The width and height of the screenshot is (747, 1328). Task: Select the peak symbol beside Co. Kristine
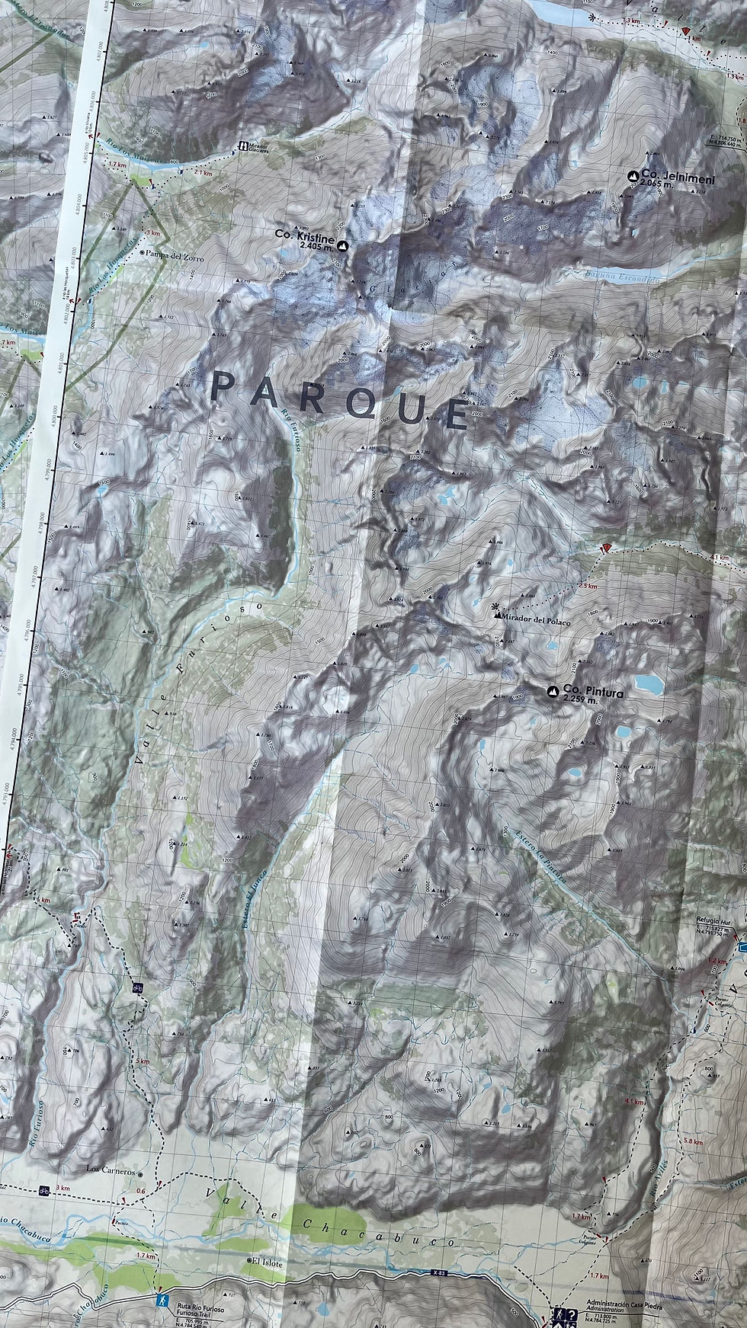[342, 246]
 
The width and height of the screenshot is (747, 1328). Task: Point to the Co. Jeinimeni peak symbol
[633, 176]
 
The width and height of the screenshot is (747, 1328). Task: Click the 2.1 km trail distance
[204, 173]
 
